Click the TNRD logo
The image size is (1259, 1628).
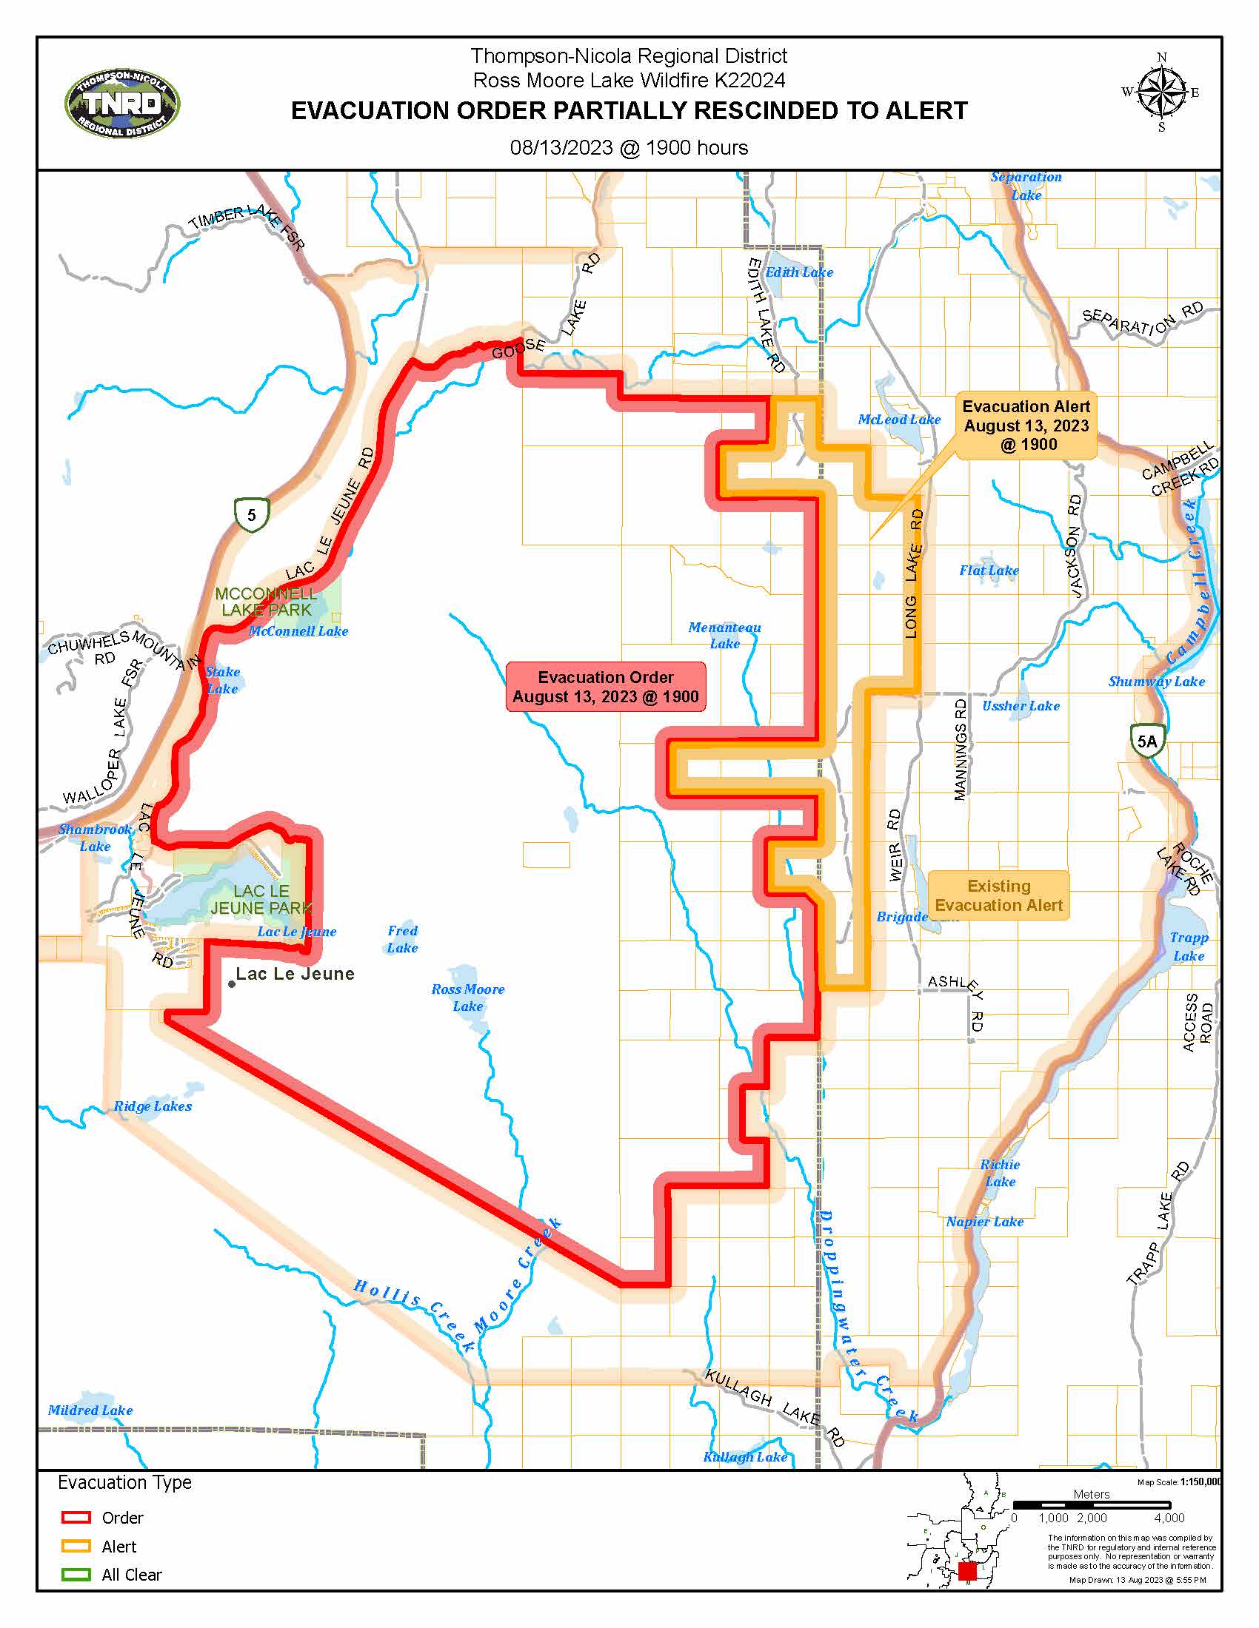(x=122, y=105)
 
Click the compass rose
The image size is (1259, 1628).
(x=1161, y=92)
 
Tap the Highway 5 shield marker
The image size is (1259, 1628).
(x=251, y=514)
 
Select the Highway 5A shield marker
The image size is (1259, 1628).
(x=1146, y=741)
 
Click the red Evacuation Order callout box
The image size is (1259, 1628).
(x=605, y=687)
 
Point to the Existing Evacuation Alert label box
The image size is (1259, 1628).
(x=998, y=895)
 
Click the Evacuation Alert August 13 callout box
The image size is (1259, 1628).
(x=1026, y=425)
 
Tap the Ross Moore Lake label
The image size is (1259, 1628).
(x=467, y=998)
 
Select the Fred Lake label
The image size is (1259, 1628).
(x=402, y=939)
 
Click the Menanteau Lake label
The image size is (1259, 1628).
(x=724, y=635)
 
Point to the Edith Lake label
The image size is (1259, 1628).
(x=799, y=273)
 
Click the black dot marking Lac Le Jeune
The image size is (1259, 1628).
(x=232, y=984)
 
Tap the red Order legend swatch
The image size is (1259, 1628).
(x=76, y=1517)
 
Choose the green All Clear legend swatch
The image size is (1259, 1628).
(x=76, y=1574)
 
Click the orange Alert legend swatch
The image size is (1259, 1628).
(x=76, y=1546)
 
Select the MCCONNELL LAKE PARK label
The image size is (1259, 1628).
(x=267, y=602)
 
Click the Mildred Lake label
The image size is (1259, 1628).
(x=90, y=1410)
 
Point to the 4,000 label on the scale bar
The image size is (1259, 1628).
(x=1169, y=1518)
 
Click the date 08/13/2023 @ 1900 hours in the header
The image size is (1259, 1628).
(x=629, y=147)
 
